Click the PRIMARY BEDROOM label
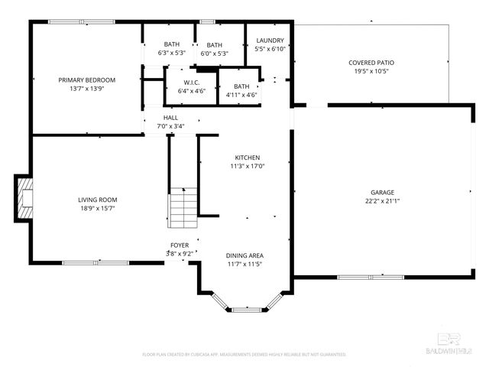(x=87, y=80)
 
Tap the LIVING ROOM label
(x=99, y=200)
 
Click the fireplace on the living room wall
(x=25, y=198)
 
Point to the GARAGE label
(x=383, y=193)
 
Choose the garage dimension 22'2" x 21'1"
(x=383, y=202)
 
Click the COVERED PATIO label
(x=371, y=63)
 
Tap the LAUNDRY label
(x=270, y=41)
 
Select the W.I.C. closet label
(x=191, y=83)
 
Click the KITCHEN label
(x=247, y=158)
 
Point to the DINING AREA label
(x=244, y=255)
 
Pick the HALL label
(x=170, y=118)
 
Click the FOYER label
(x=180, y=245)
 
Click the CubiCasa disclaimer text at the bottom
(x=244, y=355)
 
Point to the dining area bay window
(x=246, y=310)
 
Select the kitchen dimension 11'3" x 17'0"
(x=247, y=166)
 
